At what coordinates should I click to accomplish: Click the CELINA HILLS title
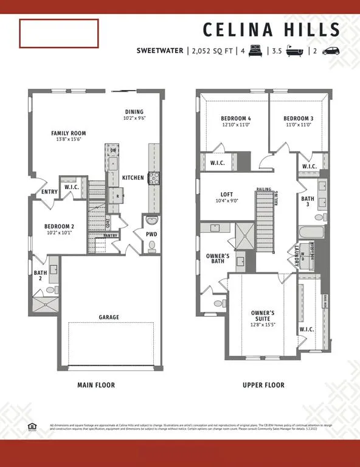[271, 29]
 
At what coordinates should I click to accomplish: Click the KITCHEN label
[133, 178]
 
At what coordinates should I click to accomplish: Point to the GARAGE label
[109, 317]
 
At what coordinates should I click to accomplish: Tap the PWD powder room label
[151, 233]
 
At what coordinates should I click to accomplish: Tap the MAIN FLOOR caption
[96, 385]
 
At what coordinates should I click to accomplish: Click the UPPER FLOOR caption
[263, 385]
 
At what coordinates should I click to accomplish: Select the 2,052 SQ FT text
[213, 52]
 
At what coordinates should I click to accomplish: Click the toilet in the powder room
[152, 246]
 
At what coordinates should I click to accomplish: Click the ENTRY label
[50, 192]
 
